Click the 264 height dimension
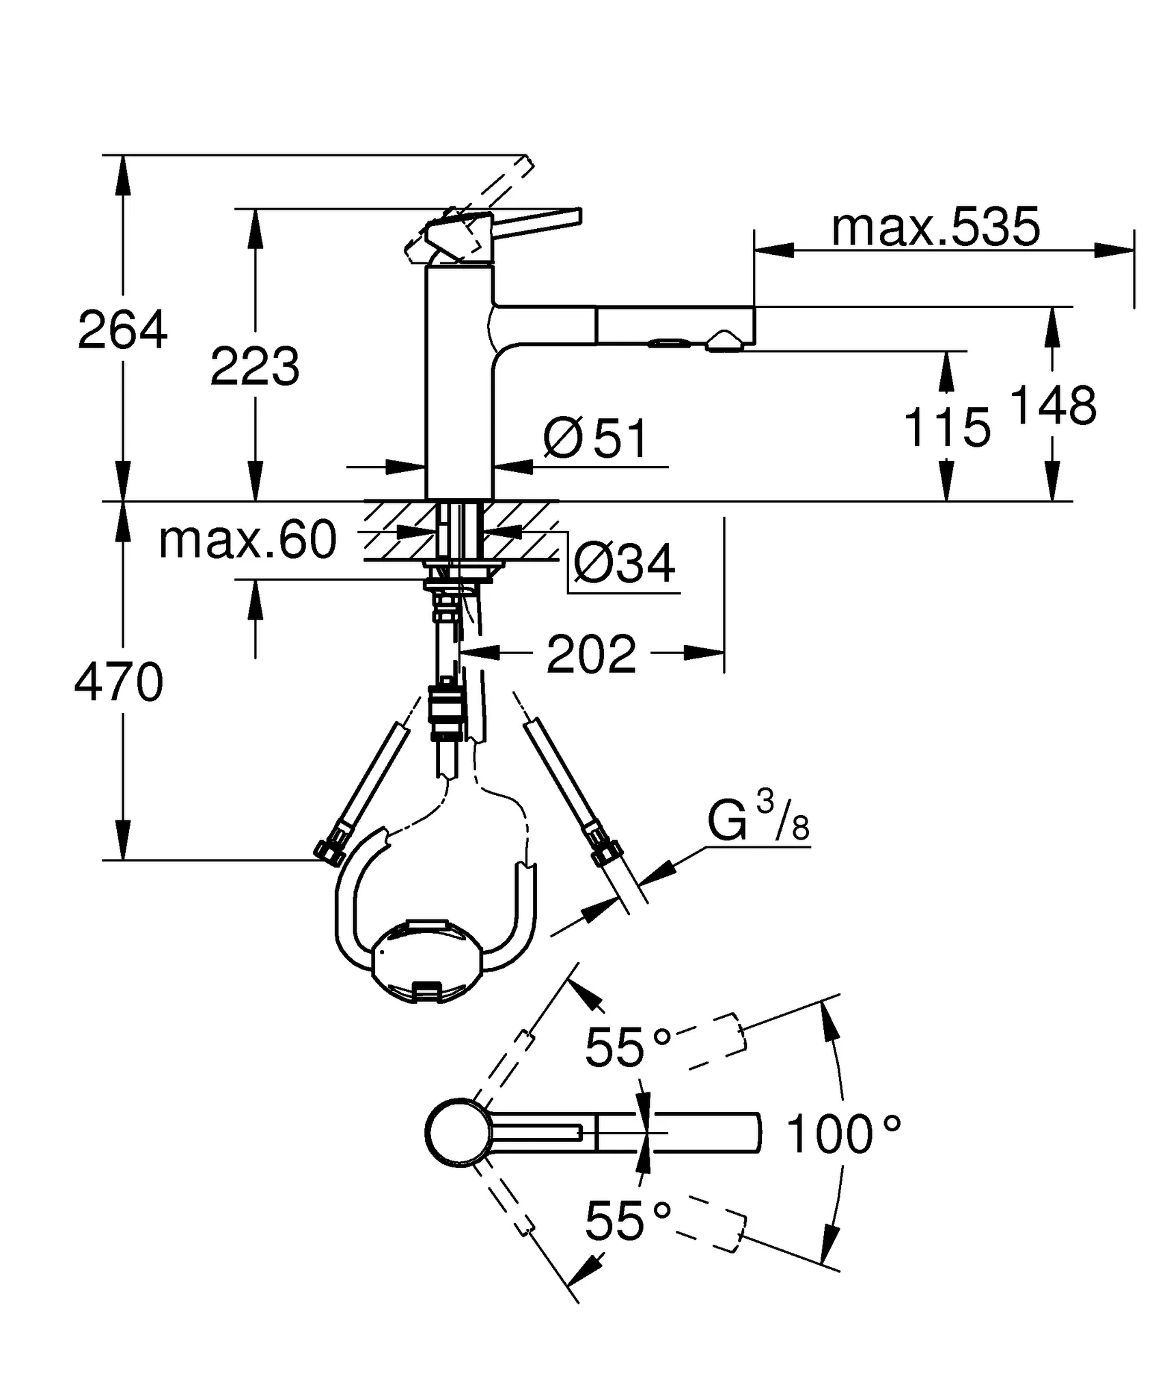click(122, 330)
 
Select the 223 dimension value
click(255, 367)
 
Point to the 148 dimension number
click(1052, 406)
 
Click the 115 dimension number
click(947, 428)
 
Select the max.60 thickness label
click(247, 540)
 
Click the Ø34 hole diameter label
click(624, 564)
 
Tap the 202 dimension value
click(591, 654)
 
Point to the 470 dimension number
click(119, 682)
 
